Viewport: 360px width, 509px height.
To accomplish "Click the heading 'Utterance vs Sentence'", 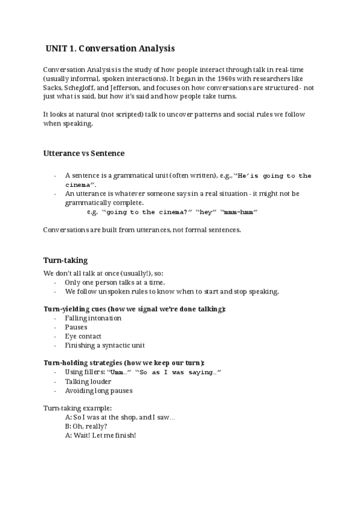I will [x=84, y=153].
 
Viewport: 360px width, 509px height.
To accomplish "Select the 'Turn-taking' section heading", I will [x=65, y=260].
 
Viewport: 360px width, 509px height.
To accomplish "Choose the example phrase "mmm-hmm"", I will [x=239, y=212].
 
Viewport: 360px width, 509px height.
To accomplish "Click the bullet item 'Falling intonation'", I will [x=93, y=318].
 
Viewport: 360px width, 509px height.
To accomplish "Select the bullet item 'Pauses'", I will [x=76, y=327].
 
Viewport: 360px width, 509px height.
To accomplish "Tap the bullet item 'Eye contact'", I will [x=83, y=336].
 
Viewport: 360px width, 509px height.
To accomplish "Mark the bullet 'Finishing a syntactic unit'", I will [x=105, y=345].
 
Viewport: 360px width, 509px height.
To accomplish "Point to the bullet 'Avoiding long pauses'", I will [x=99, y=390].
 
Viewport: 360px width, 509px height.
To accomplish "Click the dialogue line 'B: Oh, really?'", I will [x=86, y=426].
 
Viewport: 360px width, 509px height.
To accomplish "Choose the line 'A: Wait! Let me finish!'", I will [x=100, y=435].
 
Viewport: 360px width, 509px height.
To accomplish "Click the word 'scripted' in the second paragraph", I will [x=122, y=114].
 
